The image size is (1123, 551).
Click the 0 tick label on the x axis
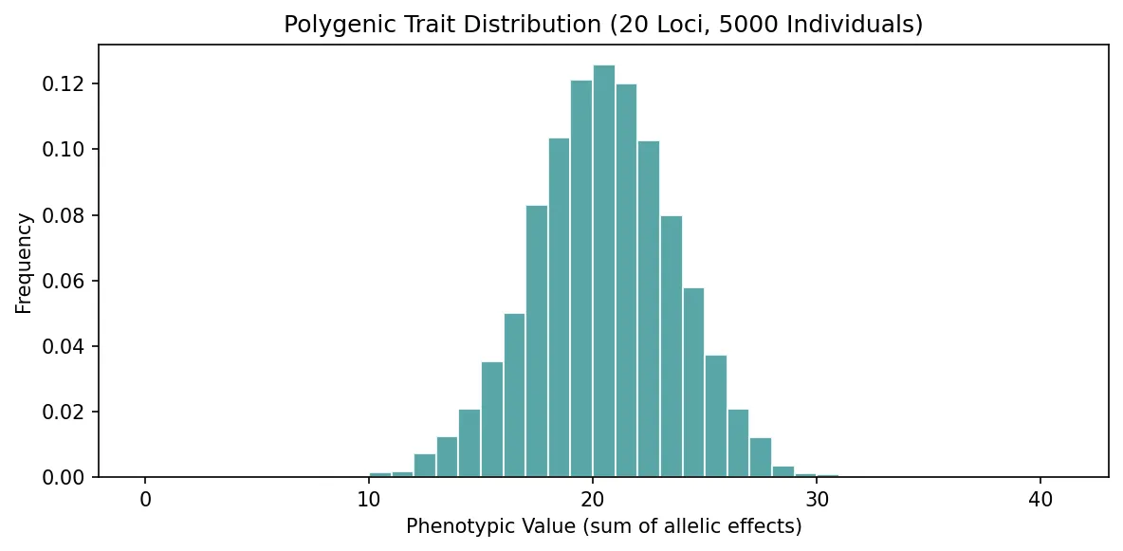click(145, 499)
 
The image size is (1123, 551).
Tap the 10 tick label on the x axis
click(369, 499)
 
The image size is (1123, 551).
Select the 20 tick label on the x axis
click(593, 499)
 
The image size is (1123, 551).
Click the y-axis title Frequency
click(25, 263)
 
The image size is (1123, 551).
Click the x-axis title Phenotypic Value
click(603, 526)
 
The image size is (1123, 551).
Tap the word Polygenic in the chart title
click(325, 26)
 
